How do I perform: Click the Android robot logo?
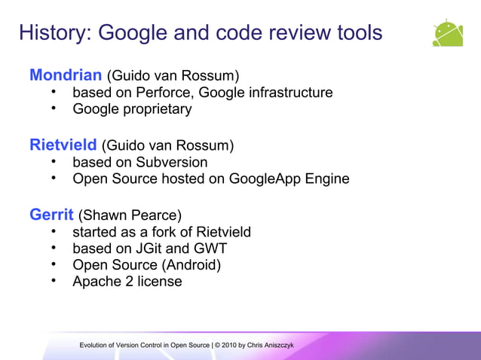[448, 33]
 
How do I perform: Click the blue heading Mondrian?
[66, 75]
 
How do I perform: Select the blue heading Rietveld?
[64, 145]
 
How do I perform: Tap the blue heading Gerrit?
[51, 214]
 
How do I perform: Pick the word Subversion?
[171, 162]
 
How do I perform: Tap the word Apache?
[97, 282]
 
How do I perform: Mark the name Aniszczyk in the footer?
[277, 345]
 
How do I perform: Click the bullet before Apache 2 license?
[54, 281]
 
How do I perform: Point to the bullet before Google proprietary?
[54, 108]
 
